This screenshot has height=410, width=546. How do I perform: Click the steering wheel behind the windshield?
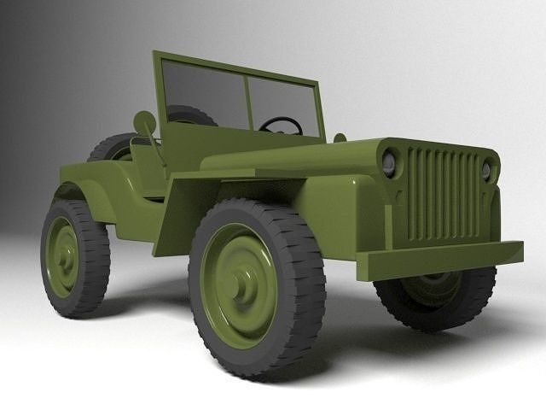(281, 126)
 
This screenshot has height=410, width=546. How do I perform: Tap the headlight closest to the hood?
(389, 161)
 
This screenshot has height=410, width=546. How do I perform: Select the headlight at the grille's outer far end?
(486, 170)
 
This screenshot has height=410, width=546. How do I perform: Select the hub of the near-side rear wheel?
(62, 256)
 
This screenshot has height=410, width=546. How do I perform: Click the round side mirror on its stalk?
(144, 123)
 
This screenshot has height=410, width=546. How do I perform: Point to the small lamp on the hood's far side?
(340, 138)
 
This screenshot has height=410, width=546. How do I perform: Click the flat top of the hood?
(290, 158)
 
